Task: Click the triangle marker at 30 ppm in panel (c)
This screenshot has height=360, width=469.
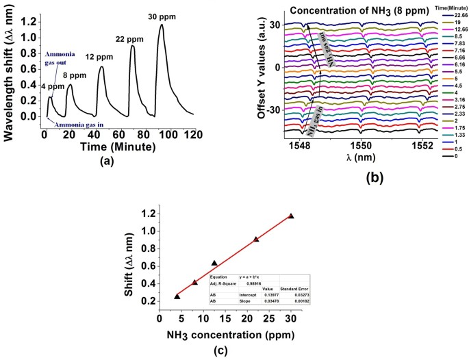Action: click(x=291, y=216)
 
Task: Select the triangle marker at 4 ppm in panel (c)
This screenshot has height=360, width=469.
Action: click(x=177, y=296)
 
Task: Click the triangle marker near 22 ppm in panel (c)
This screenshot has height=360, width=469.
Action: click(x=256, y=240)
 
